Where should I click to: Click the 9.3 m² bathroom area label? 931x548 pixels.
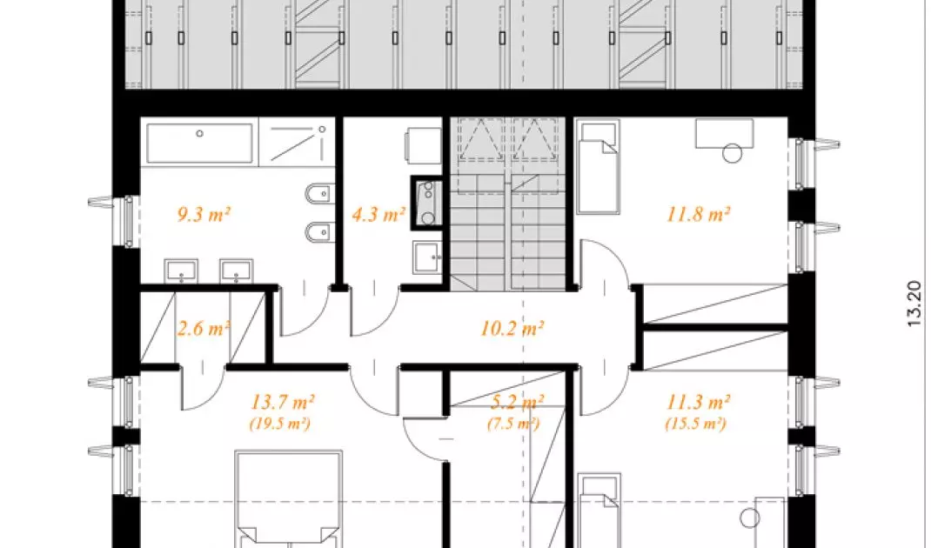(204, 214)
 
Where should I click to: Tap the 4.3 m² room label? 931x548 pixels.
(378, 214)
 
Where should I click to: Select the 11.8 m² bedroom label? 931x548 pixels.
(698, 214)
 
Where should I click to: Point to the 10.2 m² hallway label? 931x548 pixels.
(512, 328)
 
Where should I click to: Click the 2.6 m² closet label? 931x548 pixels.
(204, 328)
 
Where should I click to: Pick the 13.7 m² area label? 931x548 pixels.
(282, 402)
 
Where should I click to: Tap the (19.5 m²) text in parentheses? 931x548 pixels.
(279, 424)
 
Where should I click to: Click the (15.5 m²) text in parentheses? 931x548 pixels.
(695, 424)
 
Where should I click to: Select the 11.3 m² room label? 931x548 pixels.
(698, 402)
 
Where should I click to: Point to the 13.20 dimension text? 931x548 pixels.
(914, 304)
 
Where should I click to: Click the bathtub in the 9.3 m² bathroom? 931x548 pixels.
(199, 143)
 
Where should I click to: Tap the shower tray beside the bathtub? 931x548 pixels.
(297, 143)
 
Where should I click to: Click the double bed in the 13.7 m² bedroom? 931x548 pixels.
(289, 499)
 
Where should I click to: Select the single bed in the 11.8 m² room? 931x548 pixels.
(598, 167)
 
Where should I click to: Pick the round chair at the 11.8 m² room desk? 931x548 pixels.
(732, 153)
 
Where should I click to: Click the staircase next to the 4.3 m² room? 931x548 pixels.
(507, 204)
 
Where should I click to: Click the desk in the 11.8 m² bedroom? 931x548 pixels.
(725, 134)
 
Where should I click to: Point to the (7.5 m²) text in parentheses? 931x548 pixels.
(513, 424)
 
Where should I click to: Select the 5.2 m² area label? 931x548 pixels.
(517, 402)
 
